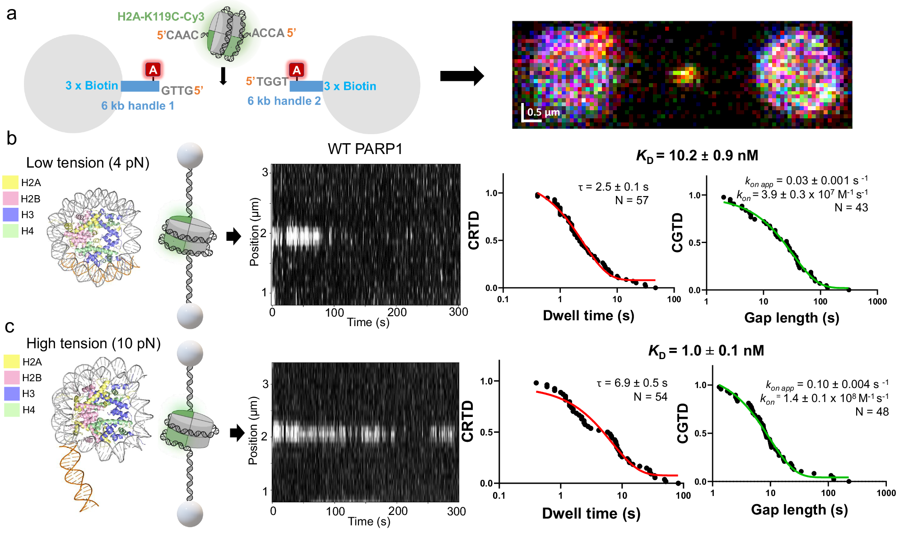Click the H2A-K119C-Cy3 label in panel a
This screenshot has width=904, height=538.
[161, 17]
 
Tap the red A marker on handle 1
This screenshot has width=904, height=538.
[153, 70]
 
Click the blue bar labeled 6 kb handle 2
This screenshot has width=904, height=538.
[306, 86]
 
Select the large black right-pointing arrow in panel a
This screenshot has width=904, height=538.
[461, 76]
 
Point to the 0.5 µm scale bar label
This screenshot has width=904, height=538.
[543, 112]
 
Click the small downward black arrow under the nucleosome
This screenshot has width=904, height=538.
[223, 76]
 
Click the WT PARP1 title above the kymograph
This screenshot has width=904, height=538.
[365, 149]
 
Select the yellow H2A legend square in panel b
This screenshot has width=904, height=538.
[10, 182]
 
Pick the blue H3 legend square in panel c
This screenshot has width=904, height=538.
[12, 393]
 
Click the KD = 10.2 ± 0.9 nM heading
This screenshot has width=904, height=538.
[697, 156]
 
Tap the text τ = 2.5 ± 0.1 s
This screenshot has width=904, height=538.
[613, 187]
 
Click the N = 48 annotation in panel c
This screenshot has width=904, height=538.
[872, 412]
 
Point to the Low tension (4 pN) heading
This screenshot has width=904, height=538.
[88, 163]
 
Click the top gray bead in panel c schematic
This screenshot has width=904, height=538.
[190, 353]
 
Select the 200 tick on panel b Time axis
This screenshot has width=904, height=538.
[397, 312]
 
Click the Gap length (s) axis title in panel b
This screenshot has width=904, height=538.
[791, 318]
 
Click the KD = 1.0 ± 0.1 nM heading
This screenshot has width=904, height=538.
[706, 351]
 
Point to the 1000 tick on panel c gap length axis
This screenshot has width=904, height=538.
[885, 493]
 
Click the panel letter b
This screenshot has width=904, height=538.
[11, 139]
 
